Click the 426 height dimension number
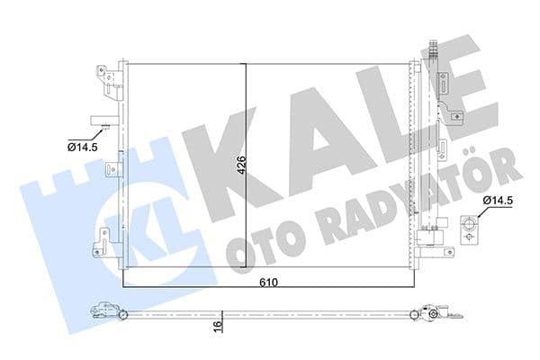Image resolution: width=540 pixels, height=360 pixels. [x=241, y=169]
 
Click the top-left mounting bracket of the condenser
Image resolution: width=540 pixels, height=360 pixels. [x=111, y=81]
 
